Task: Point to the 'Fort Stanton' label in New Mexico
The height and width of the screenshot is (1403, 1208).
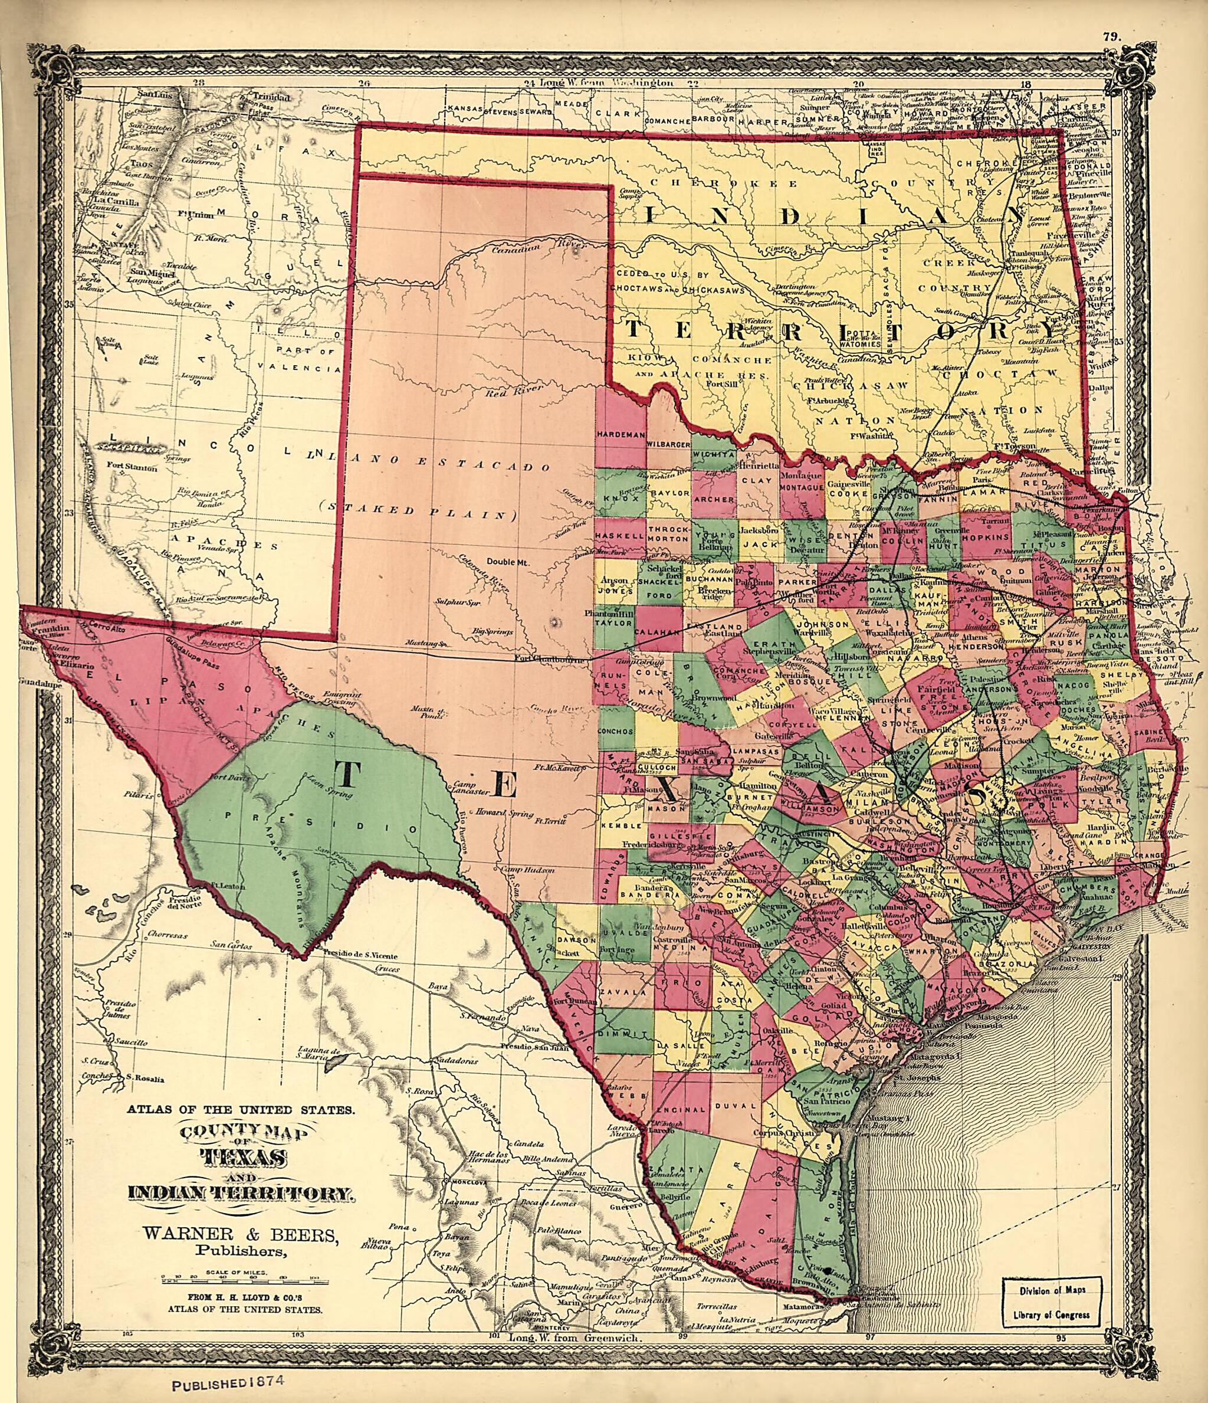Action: (x=132, y=467)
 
